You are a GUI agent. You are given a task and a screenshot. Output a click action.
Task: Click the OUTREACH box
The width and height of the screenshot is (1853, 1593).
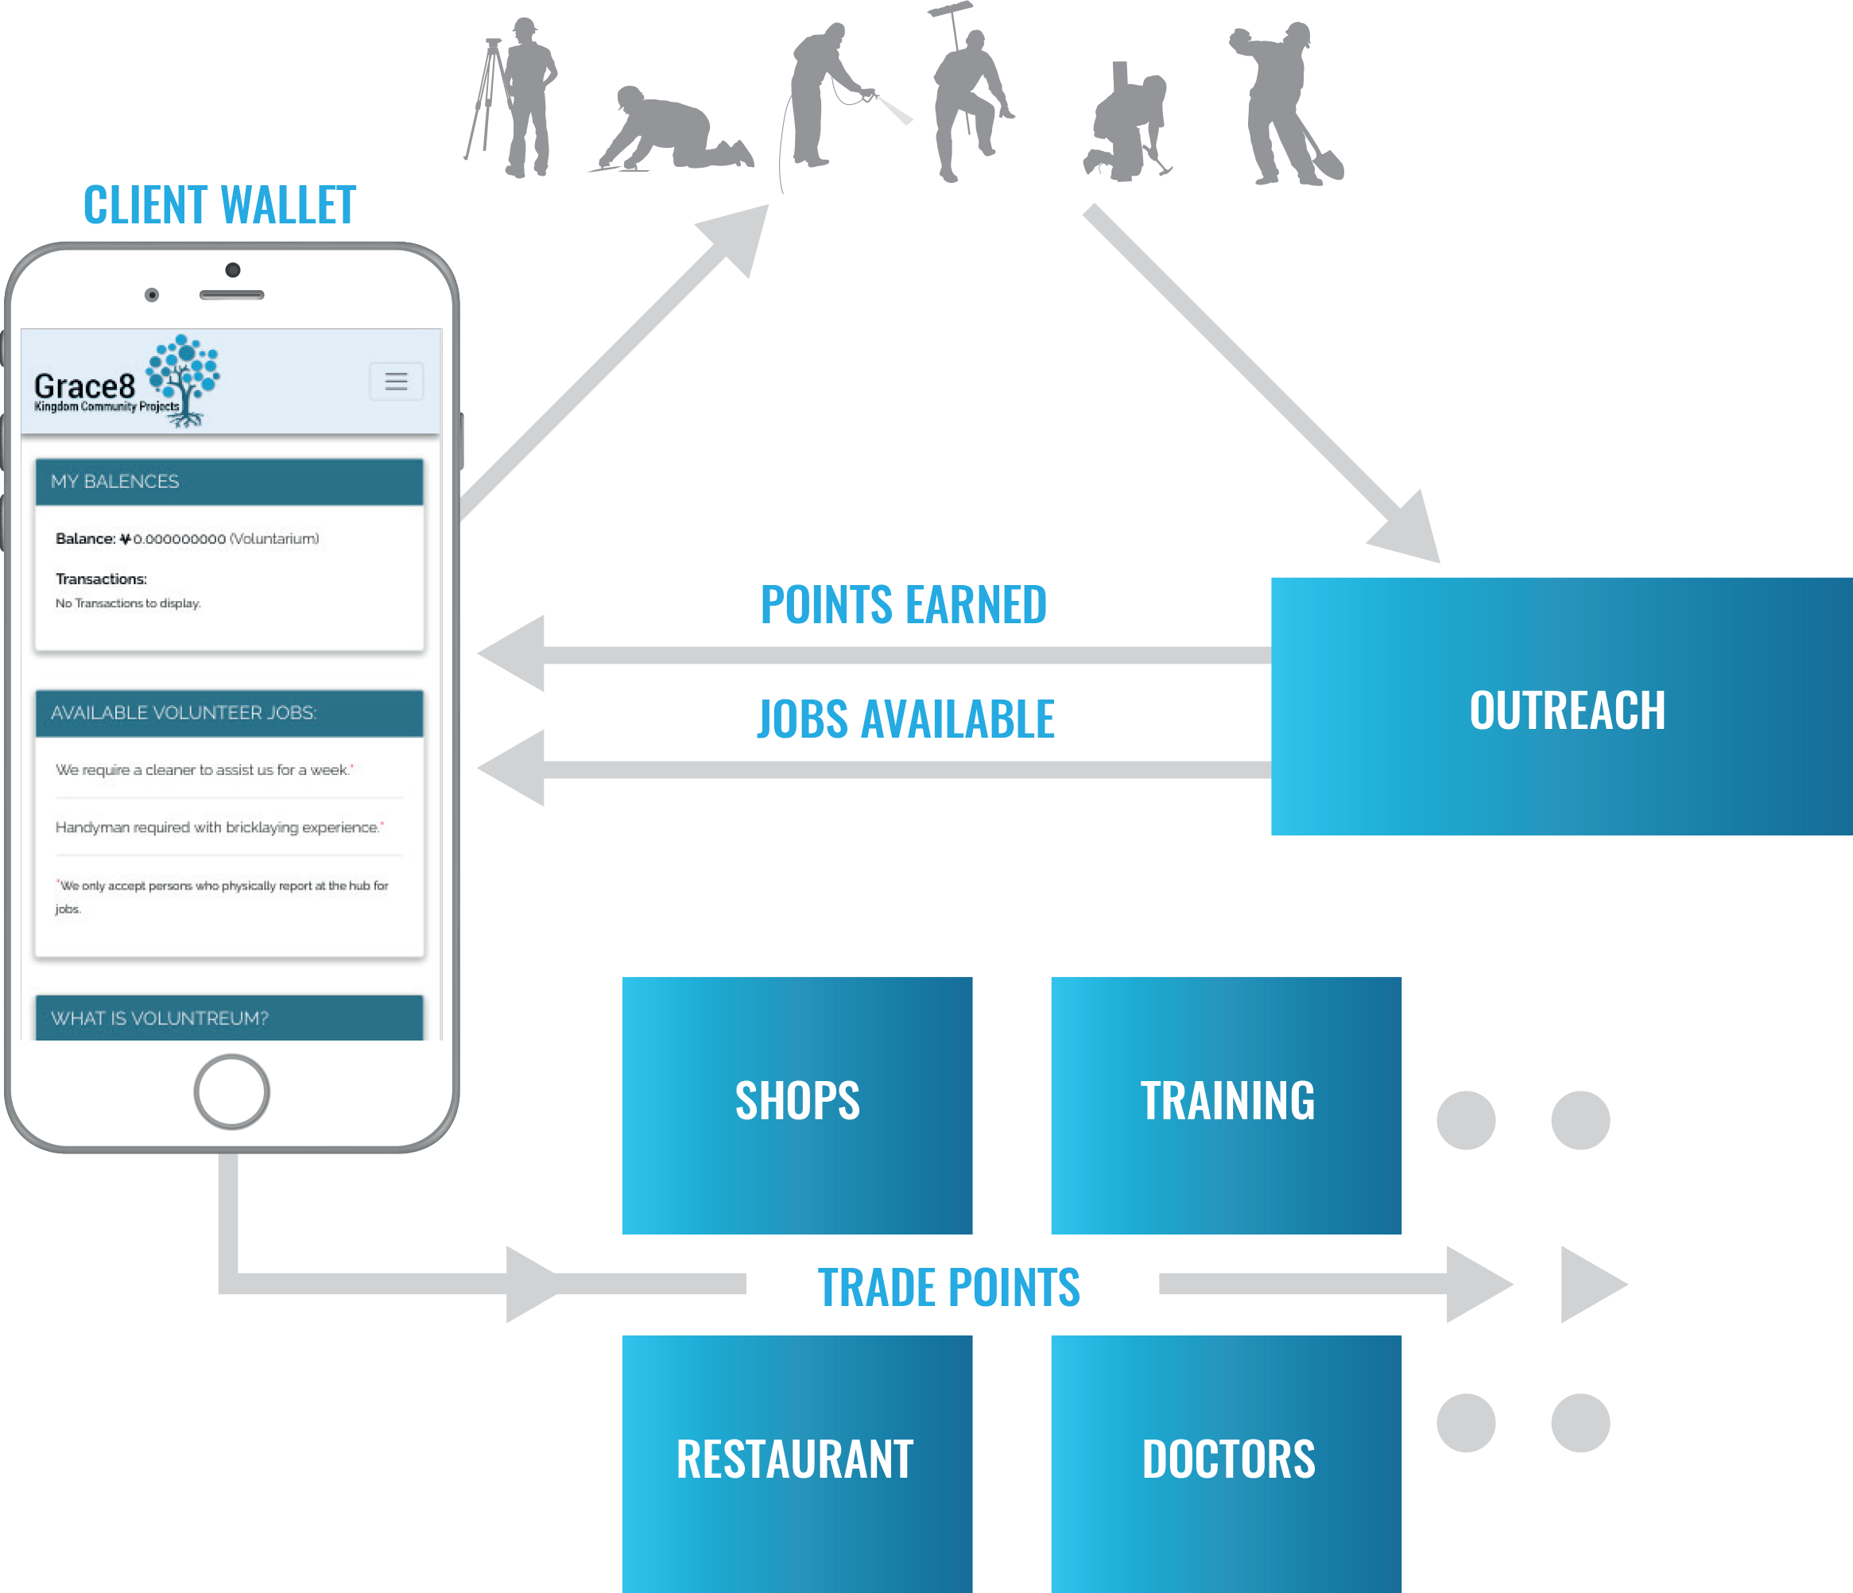point(1560,707)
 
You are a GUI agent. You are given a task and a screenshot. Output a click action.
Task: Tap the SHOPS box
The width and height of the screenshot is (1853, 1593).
point(796,1105)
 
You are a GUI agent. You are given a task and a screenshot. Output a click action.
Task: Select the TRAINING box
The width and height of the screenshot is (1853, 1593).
point(1225,1105)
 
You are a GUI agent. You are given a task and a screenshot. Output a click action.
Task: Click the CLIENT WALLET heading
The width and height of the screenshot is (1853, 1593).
point(220,205)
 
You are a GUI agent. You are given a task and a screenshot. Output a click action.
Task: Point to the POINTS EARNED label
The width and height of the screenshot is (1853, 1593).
point(903,605)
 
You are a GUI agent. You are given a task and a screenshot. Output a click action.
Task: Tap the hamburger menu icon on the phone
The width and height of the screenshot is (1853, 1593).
point(396,381)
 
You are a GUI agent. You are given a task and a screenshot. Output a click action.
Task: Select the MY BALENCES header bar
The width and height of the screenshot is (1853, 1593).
point(229,481)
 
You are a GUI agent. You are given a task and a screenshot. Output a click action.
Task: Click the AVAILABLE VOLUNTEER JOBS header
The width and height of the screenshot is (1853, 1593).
point(229,713)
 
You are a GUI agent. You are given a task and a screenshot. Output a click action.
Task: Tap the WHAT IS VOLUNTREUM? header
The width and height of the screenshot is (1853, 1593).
point(229,1017)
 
